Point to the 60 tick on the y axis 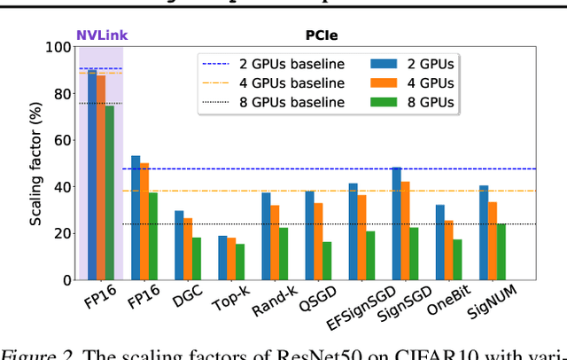click(x=62, y=140)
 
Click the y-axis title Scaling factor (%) click(x=35, y=163)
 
